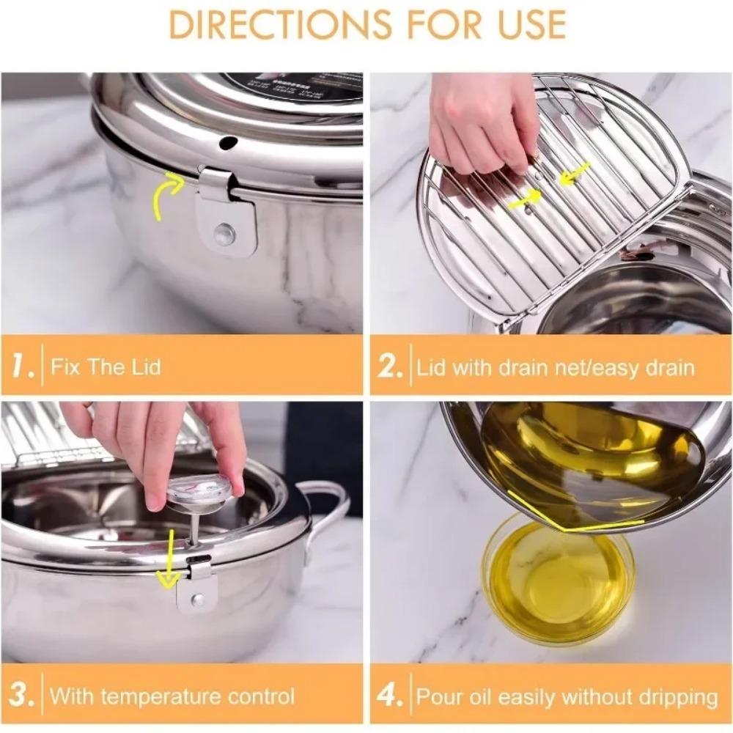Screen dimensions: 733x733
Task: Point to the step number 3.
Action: (x=22, y=695)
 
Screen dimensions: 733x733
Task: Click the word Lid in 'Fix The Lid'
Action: (x=144, y=366)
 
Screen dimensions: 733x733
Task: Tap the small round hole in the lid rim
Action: (x=228, y=142)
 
